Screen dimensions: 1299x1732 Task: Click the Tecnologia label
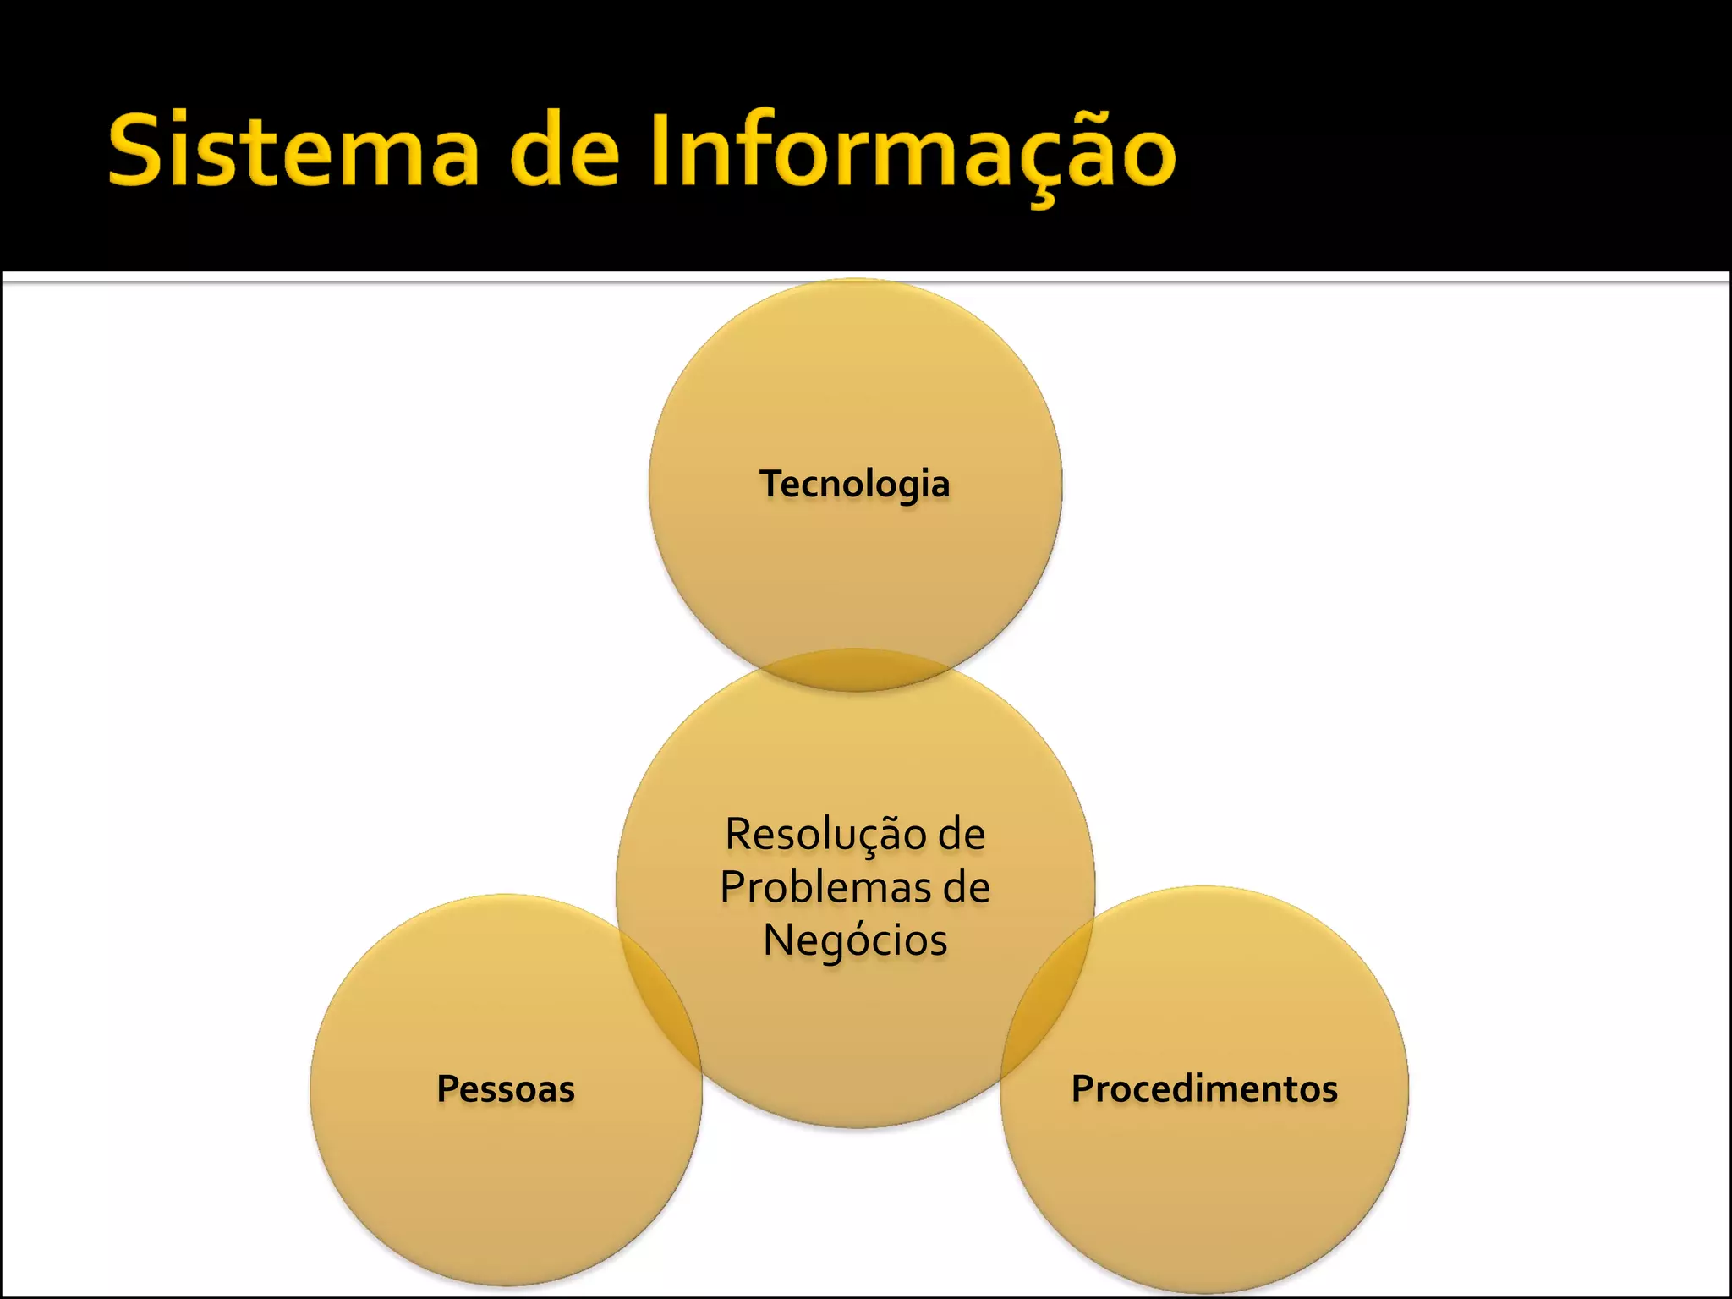[855, 485]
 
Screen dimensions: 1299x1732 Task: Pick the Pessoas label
[506, 1088]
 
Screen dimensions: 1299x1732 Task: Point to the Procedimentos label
[1204, 1088]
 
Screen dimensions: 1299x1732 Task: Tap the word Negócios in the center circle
[855, 940]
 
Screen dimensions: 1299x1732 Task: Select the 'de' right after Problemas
[966, 887]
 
